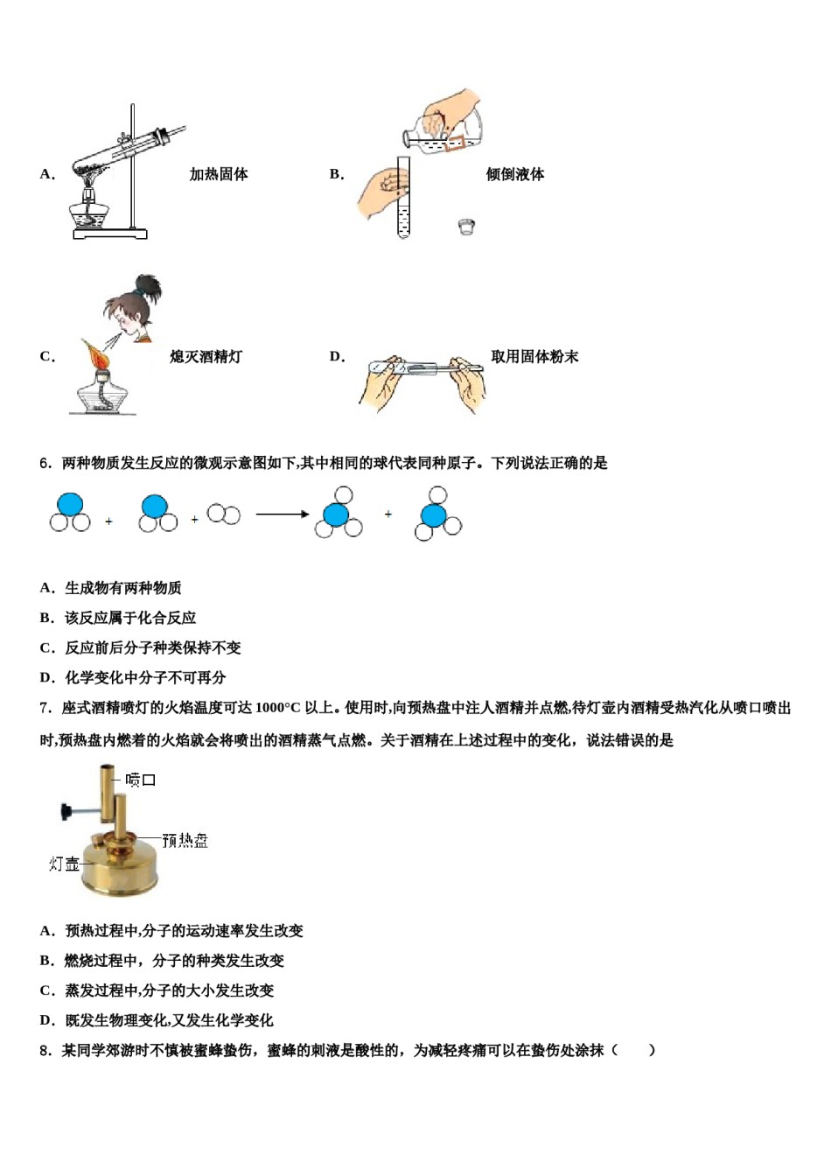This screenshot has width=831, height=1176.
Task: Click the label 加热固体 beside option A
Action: pyautogui.click(x=219, y=175)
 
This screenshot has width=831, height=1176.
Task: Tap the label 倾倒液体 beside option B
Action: pyautogui.click(x=514, y=175)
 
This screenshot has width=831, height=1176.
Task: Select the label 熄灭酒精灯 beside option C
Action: pyautogui.click(x=206, y=357)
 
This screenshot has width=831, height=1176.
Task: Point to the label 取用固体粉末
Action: pyautogui.click(x=534, y=357)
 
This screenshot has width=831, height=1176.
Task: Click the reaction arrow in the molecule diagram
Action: pyautogui.click(x=282, y=514)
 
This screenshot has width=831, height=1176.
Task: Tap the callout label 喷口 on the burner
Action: pyautogui.click(x=141, y=780)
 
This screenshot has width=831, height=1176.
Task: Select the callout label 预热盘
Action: pyautogui.click(x=185, y=841)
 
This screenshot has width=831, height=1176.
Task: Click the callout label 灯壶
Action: pyautogui.click(x=64, y=864)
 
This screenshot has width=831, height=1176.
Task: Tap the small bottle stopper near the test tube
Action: pyautogui.click(x=466, y=227)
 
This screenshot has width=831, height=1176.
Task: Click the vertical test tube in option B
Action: pyautogui.click(x=403, y=199)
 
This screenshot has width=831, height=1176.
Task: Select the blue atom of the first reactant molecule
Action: pyautogui.click(x=70, y=505)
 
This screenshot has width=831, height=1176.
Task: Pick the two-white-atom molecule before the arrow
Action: pyautogui.click(x=224, y=514)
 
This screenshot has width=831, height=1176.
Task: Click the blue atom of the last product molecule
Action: pyautogui.click(x=434, y=514)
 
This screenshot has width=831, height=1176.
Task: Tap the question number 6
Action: pyautogui.click(x=45, y=464)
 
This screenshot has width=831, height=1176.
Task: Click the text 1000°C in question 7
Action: pyautogui.click(x=278, y=708)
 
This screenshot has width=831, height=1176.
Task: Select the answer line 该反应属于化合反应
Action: pyautogui.click(x=130, y=618)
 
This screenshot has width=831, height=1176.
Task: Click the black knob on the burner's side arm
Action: pyautogui.click(x=66, y=812)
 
